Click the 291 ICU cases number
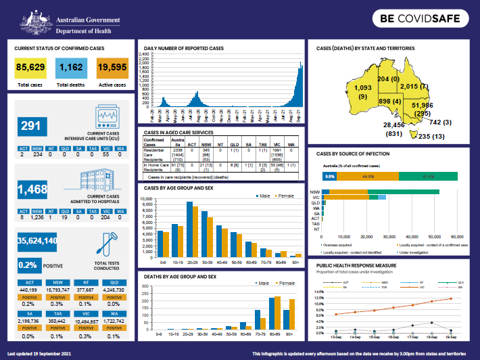point(31,126)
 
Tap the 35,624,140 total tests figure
point(37,241)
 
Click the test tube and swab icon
point(109,242)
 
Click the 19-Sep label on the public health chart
point(448,336)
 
